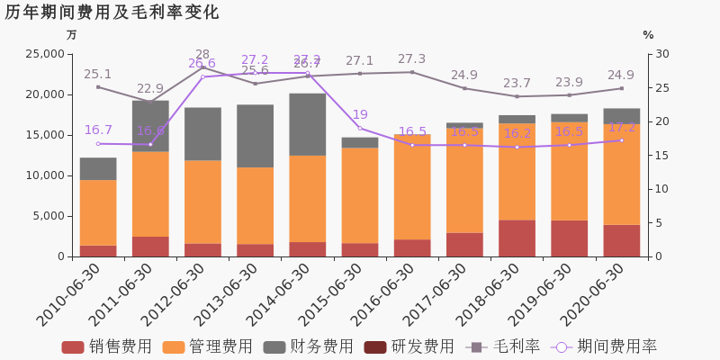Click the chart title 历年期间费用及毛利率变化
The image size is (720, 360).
click(x=112, y=13)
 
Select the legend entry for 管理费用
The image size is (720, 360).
click(x=208, y=346)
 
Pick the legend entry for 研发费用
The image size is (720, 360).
click(x=409, y=346)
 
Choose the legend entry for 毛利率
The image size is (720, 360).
click(x=503, y=346)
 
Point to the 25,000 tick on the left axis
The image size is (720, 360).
click(x=42, y=54)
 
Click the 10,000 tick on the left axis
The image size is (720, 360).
click(x=42, y=175)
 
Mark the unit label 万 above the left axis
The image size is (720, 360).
click(x=72, y=35)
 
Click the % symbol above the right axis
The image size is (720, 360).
click(x=648, y=35)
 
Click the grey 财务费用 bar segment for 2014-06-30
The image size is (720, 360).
click(x=308, y=124)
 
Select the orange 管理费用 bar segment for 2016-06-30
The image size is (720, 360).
click(x=412, y=187)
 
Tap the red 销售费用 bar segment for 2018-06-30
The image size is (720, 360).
click(x=517, y=238)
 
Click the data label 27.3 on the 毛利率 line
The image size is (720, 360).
click(x=412, y=58)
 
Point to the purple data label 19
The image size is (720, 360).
click(x=360, y=114)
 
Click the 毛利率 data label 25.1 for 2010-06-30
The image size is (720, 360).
click(x=98, y=74)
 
